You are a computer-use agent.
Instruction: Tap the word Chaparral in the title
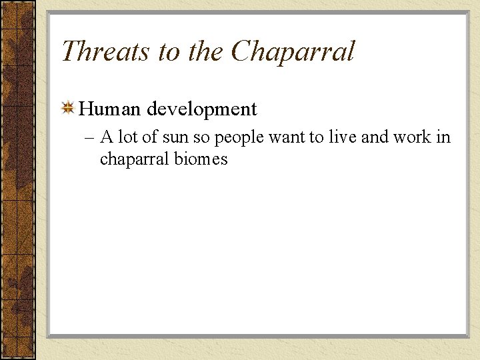[x=293, y=51]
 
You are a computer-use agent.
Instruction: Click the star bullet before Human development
[x=68, y=108]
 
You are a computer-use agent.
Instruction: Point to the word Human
[x=110, y=108]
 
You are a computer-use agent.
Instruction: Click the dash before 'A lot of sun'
[x=90, y=138]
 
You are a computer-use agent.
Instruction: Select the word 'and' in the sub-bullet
[x=375, y=137]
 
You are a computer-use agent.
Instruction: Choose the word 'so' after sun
[x=201, y=138]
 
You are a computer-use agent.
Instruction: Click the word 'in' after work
[x=443, y=137]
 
